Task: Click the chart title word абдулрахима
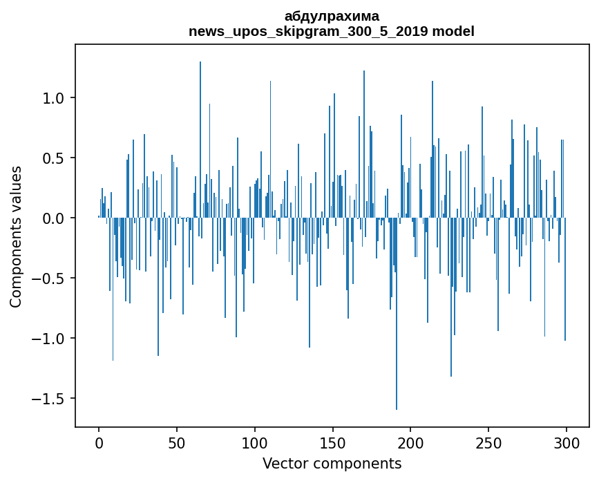[332, 16]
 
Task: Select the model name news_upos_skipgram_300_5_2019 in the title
[308, 31]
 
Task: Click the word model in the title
[453, 31]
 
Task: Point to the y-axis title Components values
[16, 236]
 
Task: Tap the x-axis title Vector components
[332, 463]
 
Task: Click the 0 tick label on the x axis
[99, 442]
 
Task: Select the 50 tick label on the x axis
[177, 442]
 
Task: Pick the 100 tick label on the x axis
[255, 442]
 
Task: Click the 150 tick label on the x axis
[332, 442]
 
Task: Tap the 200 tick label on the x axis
[410, 442]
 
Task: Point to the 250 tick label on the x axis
[488, 442]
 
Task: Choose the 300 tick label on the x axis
[567, 442]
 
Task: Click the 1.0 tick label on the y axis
[53, 98]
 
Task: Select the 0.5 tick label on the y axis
[53, 158]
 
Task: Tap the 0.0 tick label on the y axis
[53, 218]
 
